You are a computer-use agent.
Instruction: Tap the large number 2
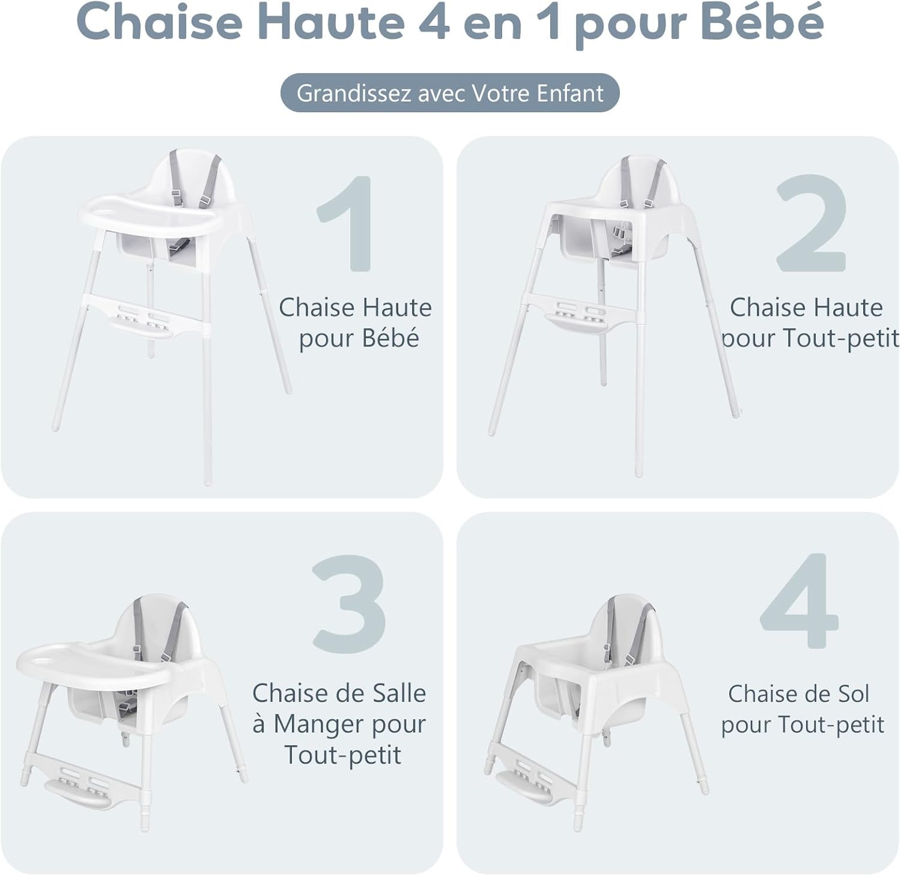click(811, 223)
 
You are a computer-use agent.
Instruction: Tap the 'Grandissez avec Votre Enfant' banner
click(450, 93)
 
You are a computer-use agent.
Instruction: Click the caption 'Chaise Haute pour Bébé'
click(356, 322)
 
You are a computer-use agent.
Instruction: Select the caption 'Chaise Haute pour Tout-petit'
click(808, 322)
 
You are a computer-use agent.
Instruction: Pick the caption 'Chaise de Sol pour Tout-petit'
click(801, 709)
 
